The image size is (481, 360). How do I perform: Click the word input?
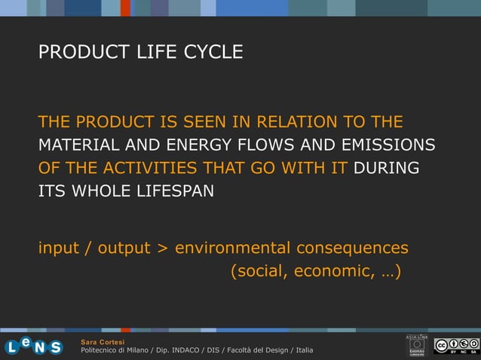click(x=60, y=249)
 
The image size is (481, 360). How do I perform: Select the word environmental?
click(x=232, y=249)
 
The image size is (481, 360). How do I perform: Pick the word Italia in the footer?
click(x=305, y=351)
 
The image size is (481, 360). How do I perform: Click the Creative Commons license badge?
click(x=456, y=346)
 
